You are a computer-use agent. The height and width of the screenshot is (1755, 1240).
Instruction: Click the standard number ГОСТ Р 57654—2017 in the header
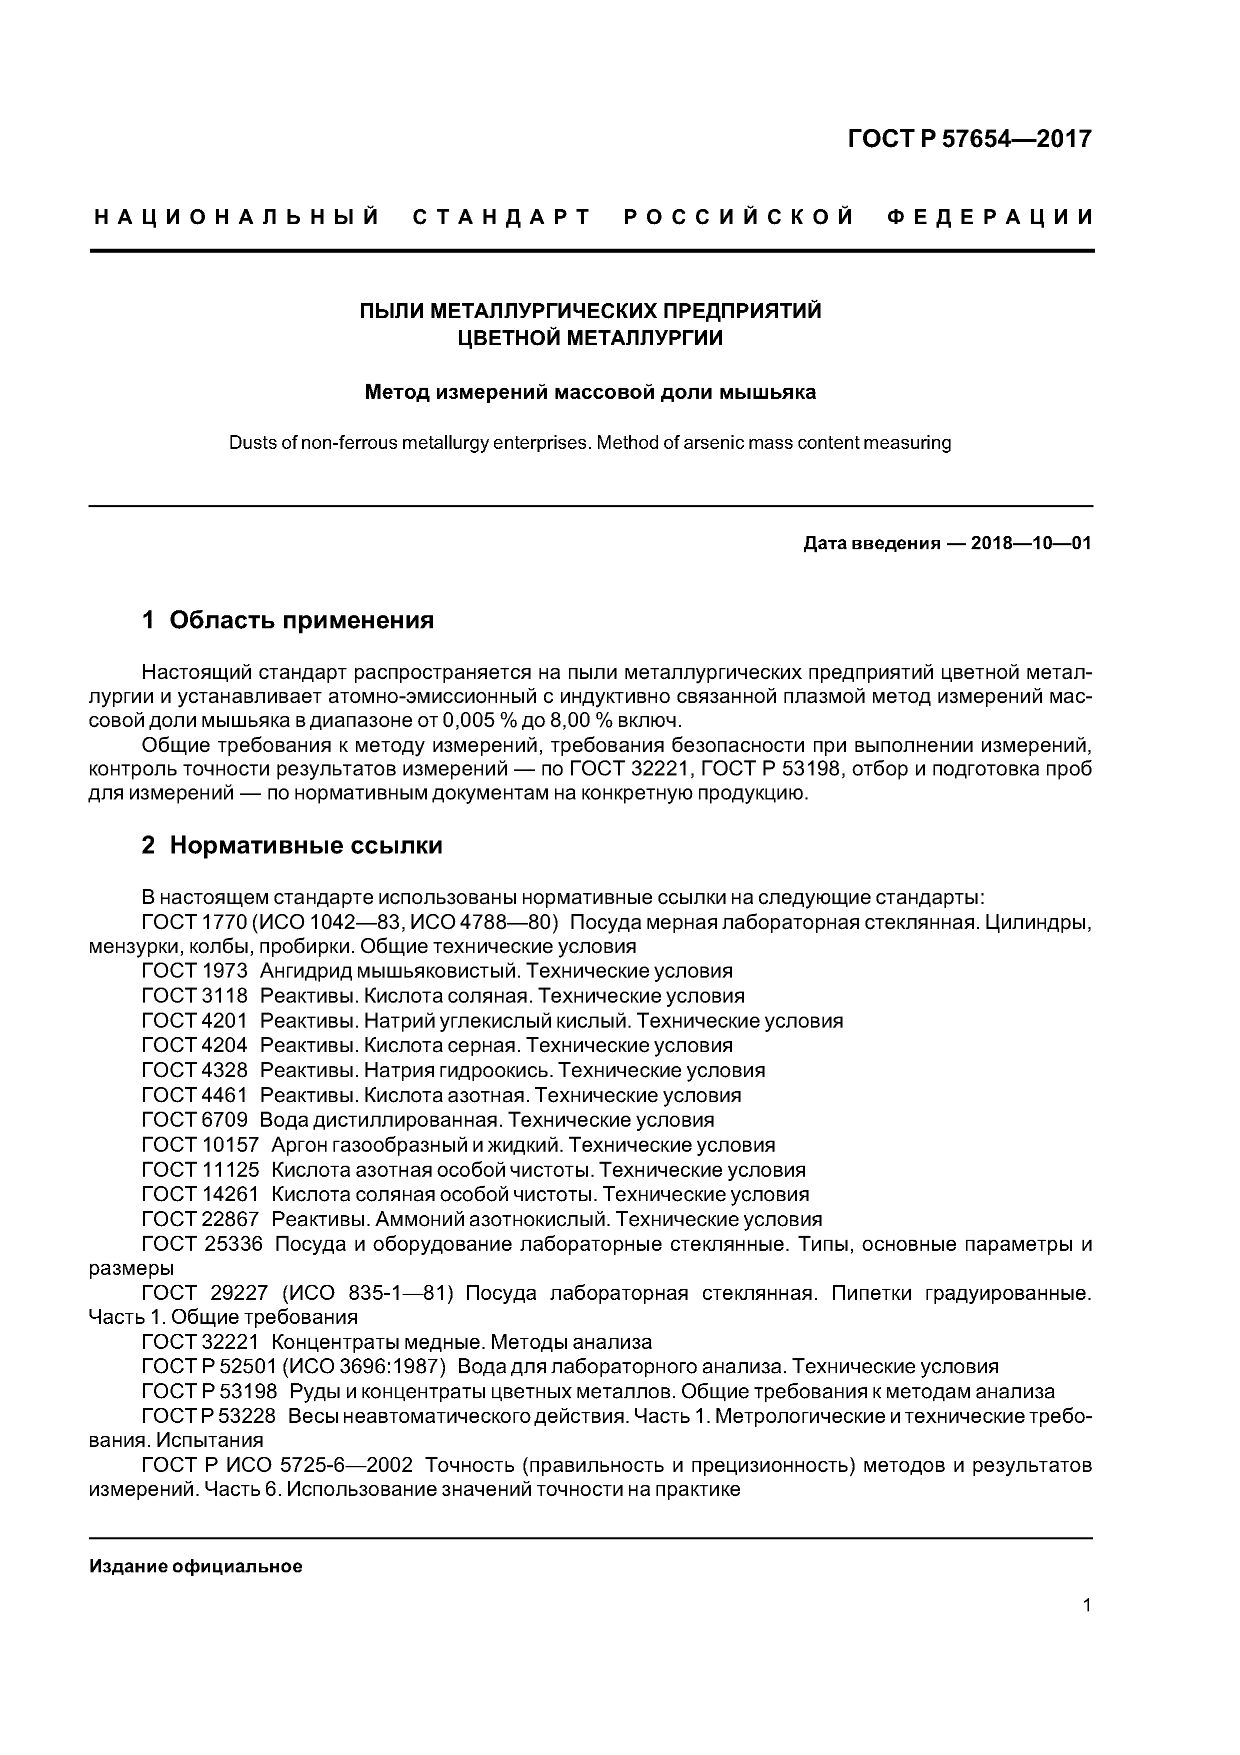click(969, 139)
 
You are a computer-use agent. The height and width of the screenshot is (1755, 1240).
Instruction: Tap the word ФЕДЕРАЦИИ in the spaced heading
click(990, 218)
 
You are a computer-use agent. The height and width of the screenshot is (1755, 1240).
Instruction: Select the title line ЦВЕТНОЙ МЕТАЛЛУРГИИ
click(590, 338)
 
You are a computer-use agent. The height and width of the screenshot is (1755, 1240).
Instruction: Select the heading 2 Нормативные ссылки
click(292, 845)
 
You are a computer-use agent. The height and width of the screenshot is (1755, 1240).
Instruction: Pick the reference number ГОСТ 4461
click(195, 1095)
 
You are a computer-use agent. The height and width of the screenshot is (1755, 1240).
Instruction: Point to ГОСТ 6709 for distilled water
click(195, 1121)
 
